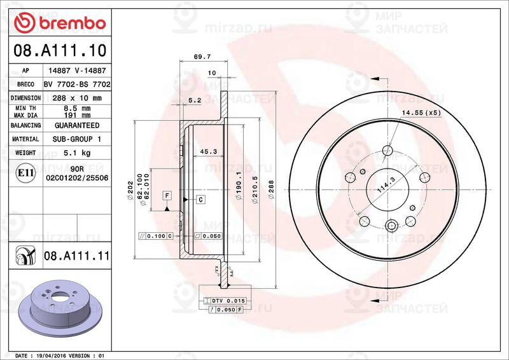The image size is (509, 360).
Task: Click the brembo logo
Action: click(59, 23)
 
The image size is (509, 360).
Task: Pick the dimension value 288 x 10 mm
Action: click(77, 98)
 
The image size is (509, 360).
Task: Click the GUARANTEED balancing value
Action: click(77, 125)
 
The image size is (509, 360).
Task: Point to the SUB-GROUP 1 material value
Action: click(77, 139)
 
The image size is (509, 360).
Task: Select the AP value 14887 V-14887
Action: click(77, 71)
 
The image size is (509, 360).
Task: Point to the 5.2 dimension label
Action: click(195, 100)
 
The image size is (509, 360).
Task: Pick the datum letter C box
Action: click(200, 200)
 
